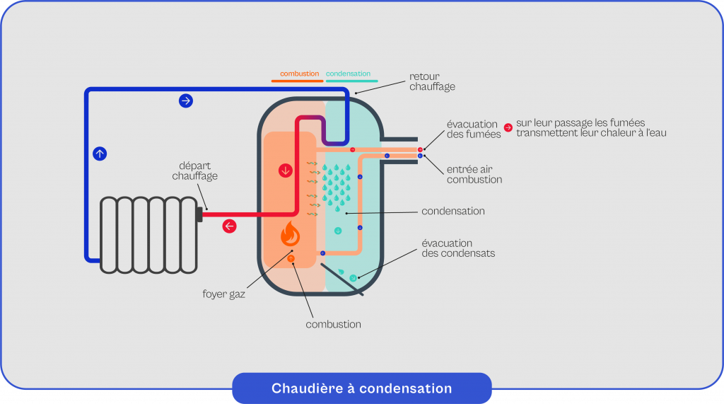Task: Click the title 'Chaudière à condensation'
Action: [361, 388]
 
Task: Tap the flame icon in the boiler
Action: [290, 234]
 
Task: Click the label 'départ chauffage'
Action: [194, 171]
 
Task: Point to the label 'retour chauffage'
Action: [432, 81]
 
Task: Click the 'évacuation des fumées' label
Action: [472, 129]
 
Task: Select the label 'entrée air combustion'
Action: [474, 175]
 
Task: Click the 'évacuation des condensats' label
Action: [458, 248]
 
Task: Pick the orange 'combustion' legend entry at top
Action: [299, 74]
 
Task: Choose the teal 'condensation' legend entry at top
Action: [348, 74]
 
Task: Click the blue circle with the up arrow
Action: [100, 153]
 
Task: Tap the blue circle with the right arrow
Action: [186, 100]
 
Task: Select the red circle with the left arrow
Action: [230, 226]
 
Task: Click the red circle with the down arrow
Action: [286, 171]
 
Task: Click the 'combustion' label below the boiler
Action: [333, 324]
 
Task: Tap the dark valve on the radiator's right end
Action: [199, 213]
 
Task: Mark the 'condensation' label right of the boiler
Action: [452, 211]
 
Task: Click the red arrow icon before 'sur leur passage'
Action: [508, 128]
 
